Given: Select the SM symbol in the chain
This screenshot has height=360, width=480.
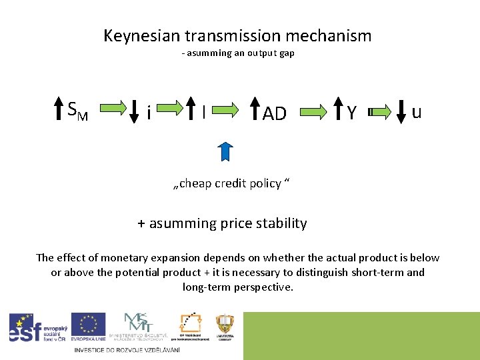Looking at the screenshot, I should coord(78,111).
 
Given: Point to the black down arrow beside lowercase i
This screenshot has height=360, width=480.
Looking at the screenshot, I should coord(134,112).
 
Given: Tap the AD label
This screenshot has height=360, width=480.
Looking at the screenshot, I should coord(274,114).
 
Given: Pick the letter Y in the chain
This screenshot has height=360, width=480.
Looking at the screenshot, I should coord(351,113).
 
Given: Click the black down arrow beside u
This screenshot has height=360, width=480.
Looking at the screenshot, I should coord(401,111).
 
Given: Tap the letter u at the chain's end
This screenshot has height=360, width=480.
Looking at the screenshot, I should coord(417,112).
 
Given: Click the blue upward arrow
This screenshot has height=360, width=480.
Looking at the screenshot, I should coord(225,152).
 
